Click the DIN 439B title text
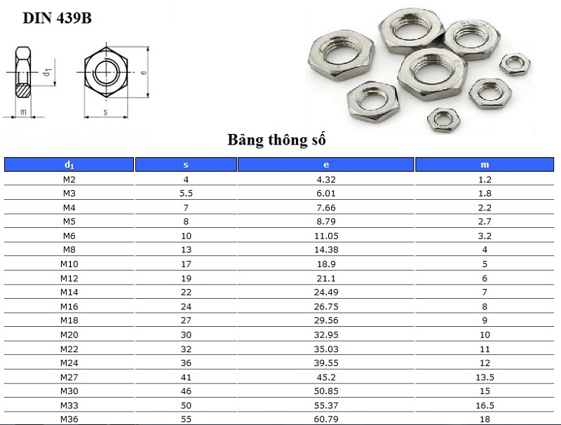coord(57,18)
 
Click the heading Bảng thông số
coord(276,140)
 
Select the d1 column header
coord(69,165)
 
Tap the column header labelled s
coord(186,165)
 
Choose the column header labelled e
coord(325,165)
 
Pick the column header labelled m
coord(485,165)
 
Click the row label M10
coord(69,264)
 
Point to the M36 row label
coord(69,419)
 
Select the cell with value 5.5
coord(186,193)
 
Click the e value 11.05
coord(326,236)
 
